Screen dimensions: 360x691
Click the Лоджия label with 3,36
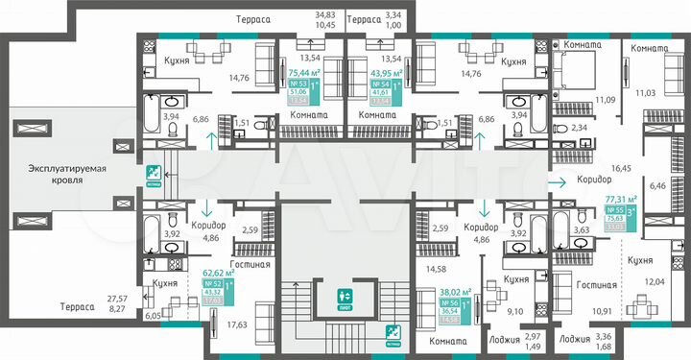click(574, 339)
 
